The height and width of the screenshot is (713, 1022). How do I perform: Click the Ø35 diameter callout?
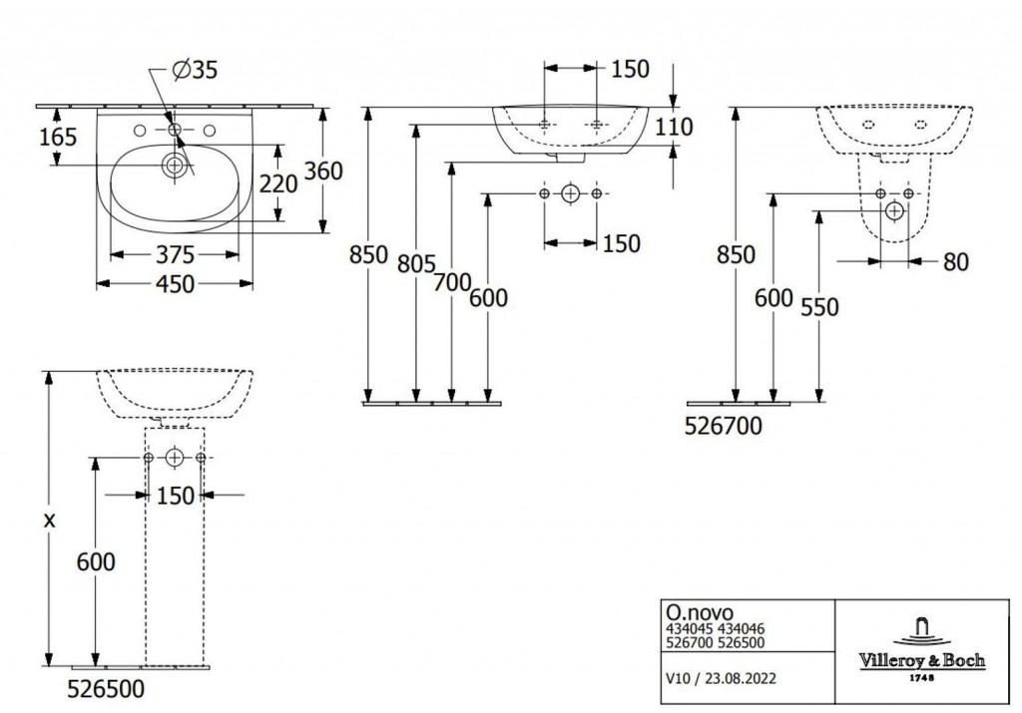tap(195, 70)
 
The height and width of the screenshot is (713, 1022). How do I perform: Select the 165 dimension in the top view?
tap(58, 137)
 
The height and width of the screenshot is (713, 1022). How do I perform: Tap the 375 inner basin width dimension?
tap(176, 254)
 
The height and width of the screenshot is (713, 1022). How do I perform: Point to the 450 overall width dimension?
tap(176, 284)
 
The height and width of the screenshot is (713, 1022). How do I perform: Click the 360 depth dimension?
tap(323, 171)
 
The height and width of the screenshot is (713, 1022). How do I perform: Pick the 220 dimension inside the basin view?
tap(278, 184)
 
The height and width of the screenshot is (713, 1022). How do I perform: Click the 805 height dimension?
tap(416, 263)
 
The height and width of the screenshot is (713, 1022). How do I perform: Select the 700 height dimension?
tap(452, 282)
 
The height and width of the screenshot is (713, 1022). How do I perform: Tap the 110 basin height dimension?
tap(674, 127)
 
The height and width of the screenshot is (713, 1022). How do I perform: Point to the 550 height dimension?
tap(819, 307)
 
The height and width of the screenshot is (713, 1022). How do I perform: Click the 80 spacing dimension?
tap(955, 261)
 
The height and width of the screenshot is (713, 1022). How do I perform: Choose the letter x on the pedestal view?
tap(49, 521)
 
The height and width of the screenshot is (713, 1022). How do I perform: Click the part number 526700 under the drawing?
tap(723, 426)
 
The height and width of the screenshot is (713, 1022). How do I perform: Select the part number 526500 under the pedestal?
tap(106, 689)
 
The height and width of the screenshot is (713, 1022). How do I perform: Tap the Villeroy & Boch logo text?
tap(921, 660)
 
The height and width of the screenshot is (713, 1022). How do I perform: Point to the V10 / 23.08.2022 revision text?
tap(721, 678)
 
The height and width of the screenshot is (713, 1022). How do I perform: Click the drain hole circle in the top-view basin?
tap(174, 166)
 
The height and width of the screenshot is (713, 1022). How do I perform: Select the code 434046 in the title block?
tap(742, 629)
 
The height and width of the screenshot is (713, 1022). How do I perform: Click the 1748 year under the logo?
tap(921, 678)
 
